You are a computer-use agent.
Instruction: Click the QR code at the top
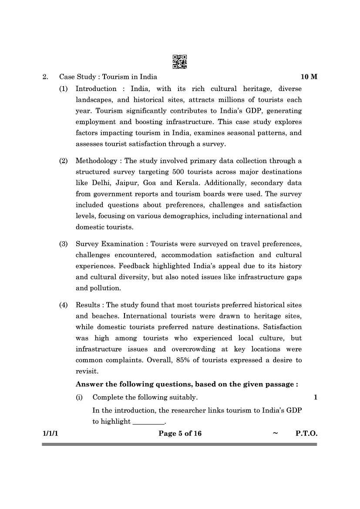[180, 62]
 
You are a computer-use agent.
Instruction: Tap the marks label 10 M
[309, 77]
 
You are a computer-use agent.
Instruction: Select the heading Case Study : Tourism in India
[108, 77]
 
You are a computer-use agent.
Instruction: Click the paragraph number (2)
[64, 161]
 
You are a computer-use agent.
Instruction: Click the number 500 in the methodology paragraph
[178, 172]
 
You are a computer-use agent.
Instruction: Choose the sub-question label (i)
[79, 397]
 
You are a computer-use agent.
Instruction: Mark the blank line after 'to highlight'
[148, 421]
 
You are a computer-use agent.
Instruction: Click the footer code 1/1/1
[50, 433]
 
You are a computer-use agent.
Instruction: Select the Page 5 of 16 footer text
[180, 433]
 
